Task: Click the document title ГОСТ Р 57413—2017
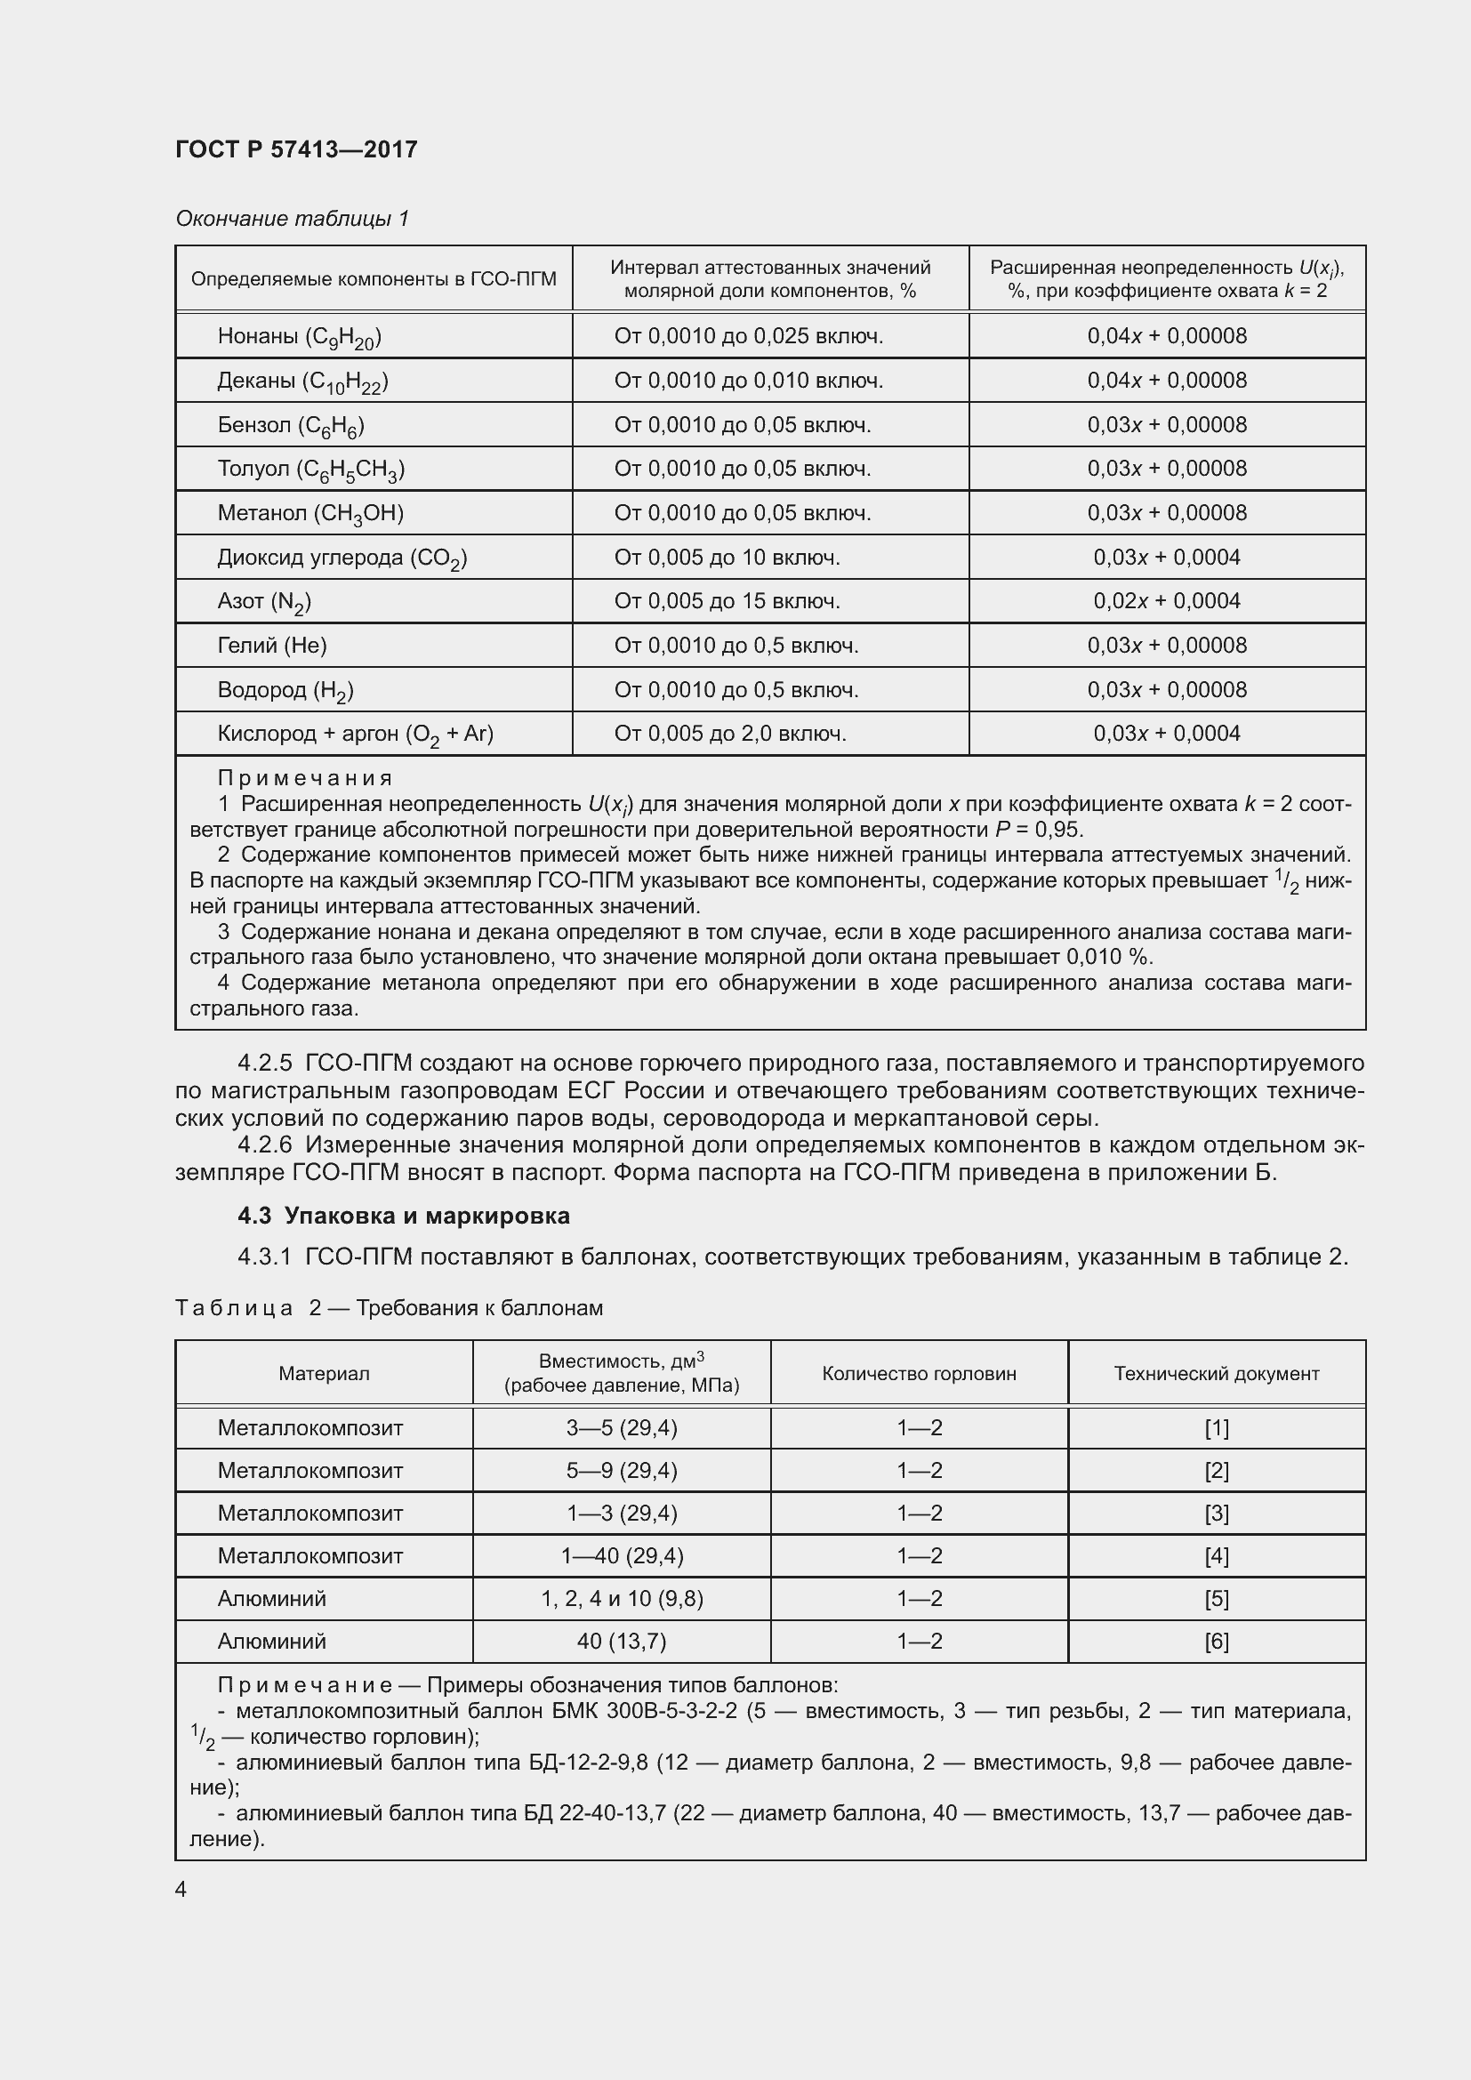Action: coord(296,149)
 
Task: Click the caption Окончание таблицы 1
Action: coord(292,219)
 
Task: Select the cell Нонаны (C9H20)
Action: coord(299,337)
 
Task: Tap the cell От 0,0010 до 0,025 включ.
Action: coord(748,336)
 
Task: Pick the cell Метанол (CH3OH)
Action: coord(309,514)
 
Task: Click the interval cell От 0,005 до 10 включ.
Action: coord(727,558)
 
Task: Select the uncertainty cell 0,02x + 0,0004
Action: coord(1166,600)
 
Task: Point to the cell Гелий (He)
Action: coord(272,645)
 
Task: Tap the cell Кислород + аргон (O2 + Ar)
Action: coord(355,734)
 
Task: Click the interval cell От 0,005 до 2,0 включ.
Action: coord(730,734)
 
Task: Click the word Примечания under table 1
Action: coord(304,777)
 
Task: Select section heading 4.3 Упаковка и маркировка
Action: coord(403,1215)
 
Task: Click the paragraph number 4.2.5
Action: coord(264,1062)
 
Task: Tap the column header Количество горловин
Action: coord(919,1373)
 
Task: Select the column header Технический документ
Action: coord(1216,1373)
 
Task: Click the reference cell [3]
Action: coord(1216,1513)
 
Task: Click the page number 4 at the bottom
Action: coord(181,1889)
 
